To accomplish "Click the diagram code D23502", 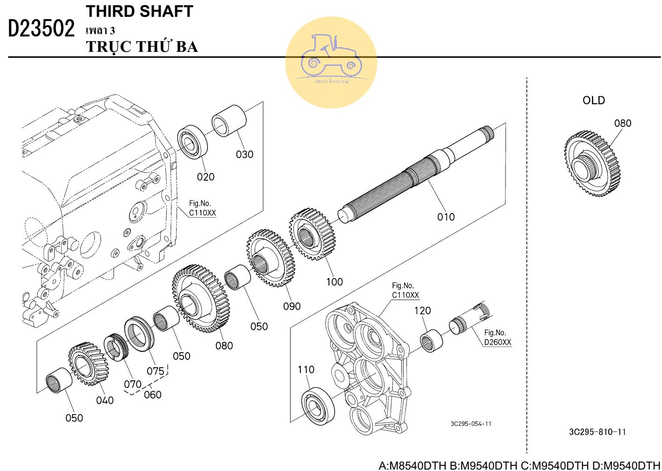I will tap(42, 29).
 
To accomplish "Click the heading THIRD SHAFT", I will tap(139, 12).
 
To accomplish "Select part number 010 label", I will tap(446, 217).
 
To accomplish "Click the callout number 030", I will tap(244, 154).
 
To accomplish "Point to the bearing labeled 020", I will tap(192, 142).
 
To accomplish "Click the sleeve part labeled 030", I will tap(229, 120).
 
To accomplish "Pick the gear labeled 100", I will tap(312, 234).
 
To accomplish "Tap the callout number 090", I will tap(292, 307).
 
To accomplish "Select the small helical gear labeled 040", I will tap(89, 364).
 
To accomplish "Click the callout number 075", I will tap(156, 371).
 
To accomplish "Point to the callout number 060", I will tap(153, 395).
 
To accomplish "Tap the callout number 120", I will tap(422, 311).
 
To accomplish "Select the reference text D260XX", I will tap(498, 342).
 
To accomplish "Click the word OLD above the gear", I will tap(593, 100).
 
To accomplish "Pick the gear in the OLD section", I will tap(591, 164).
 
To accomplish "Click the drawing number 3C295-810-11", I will tap(597, 432).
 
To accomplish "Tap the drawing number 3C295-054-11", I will tap(471, 424).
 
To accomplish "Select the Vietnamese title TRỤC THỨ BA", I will tap(142, 47).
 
